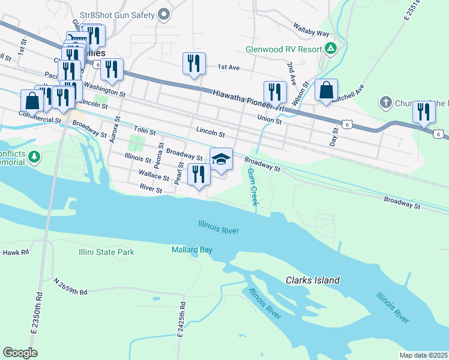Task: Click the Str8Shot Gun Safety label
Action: (118, 15)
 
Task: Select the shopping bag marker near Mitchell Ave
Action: (326, 90)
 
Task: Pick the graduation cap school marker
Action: (221, 159)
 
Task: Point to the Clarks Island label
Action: (312, 280)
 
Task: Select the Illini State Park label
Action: (106, 253)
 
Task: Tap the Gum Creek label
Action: (253, 188)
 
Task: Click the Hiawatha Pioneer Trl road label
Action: (247, 100)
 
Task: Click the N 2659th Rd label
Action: (70, 286)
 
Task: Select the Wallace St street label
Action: (153, 177)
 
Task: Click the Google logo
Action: (20, 353)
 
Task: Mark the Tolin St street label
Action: (145, 130)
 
